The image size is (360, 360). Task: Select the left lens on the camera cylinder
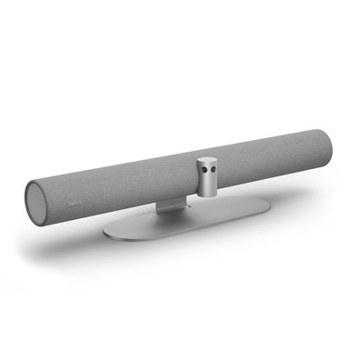pyautogui.click(x=199, y=169)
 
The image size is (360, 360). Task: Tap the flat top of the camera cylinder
pyautogui.click(x=205, y=160)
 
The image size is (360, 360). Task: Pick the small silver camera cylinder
pyautogui.click(x=205, y=176)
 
